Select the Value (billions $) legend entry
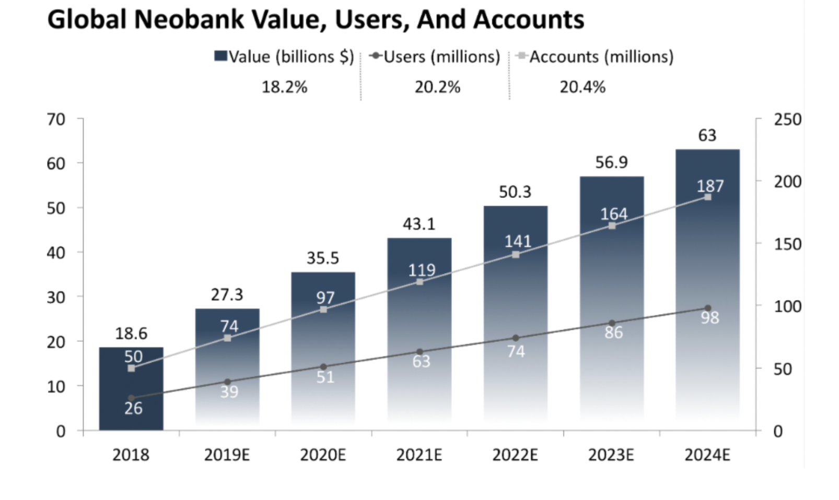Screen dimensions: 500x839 tap(284, 56)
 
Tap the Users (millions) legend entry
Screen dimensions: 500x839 tap(435, 56)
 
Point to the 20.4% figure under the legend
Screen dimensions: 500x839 tap(582, 87)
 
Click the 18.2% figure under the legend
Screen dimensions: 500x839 tap(284, 87)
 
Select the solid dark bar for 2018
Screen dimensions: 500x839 tap(131, 388)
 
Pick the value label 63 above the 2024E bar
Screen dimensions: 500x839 tap(707, 135)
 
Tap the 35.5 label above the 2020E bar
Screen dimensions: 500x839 tap(323, 258)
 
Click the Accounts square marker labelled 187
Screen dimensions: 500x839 tap(708, 197)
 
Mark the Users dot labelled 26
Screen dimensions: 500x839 tap(131, 398)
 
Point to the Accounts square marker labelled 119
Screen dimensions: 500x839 tap(419, 282)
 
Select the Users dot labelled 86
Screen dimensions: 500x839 tap(612, 323)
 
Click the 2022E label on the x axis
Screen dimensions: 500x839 tap(515, 455)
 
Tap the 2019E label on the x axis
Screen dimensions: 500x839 tap(227, 455)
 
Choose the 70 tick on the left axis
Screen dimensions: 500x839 tap(56, 120)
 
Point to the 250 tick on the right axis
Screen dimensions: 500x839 tap(787, 120)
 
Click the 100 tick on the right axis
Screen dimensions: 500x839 tap(787, 306)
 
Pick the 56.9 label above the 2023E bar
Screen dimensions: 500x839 tap(611, 162)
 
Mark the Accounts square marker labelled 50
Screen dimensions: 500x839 tap(131, 368)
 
